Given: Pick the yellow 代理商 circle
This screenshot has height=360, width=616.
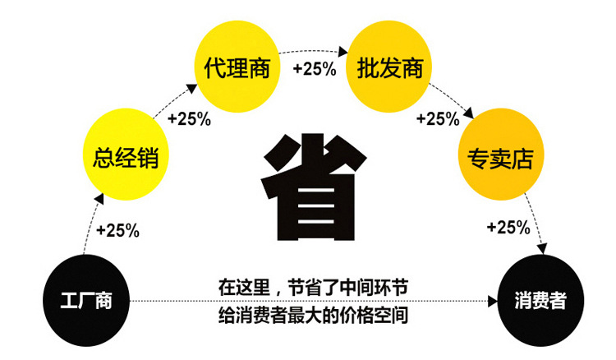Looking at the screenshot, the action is pyautogui.click(x=235, y=68).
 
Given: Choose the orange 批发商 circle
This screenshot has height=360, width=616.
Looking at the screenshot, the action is pyautogui.click(x=390, y=68).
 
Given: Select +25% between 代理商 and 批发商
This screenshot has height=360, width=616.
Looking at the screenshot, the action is pyautogui.click(x=314, y=69).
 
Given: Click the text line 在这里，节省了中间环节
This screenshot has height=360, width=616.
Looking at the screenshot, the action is pyautogui.click(x=312, y=288).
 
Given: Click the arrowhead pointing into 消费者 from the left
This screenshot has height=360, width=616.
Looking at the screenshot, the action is pyautogui.click(x=496, y=302).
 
